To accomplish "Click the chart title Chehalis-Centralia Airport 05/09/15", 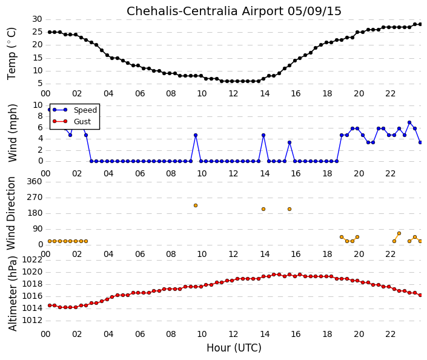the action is pos(234,11).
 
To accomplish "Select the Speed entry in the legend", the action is pos(85,110).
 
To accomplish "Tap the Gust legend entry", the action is pos(82,122).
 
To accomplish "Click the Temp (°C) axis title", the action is pos(12,53).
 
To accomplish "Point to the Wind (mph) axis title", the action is pos(12,133).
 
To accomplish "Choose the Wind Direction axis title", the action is pos(11,213).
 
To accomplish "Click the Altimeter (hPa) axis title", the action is pos(12,293).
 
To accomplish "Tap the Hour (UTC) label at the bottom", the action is pos(234,348).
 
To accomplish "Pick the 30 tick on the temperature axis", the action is pos(37,19).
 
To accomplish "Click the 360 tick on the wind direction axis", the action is pos(35,181).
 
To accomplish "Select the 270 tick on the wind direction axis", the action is pos(35,198).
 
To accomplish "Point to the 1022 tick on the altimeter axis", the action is pos(32,259).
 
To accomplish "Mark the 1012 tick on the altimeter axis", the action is pos(32,320).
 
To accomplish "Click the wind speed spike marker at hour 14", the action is pos(263,135).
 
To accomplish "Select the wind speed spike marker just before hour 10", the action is pos(196,135).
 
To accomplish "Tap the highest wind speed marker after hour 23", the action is pos(409,122).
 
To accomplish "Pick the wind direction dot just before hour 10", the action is pos(196,205).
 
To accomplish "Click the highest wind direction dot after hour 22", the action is pos(399,233).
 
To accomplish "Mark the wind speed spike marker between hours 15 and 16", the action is pos(290,142).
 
